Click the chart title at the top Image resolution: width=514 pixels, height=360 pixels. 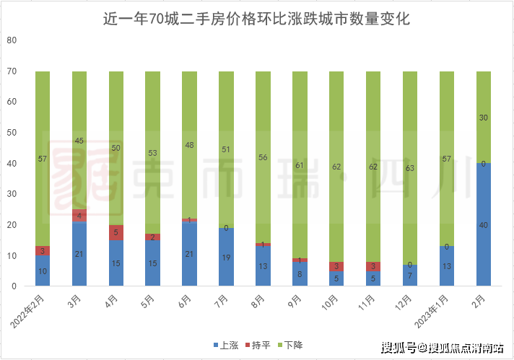pyautogui.click(x=256, y=19)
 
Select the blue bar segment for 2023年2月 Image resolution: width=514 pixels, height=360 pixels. pyautogui.click(x=484, y=224)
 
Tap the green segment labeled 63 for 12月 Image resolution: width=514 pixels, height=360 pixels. pyautogui.click(x=410, y=168)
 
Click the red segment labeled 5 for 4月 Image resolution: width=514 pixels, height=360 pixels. pyautogui.click(x=116, y=232)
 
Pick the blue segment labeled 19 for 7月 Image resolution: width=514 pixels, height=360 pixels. pyautogui.click(x=227, y=257)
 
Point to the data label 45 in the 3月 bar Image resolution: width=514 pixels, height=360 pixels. pyautogui.click(x=79, y=141)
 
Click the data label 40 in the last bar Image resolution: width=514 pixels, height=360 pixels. pyautogui.click(x=484, y=225)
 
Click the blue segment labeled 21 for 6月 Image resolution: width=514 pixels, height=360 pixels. pyautogui.click(x=190, y=254)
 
